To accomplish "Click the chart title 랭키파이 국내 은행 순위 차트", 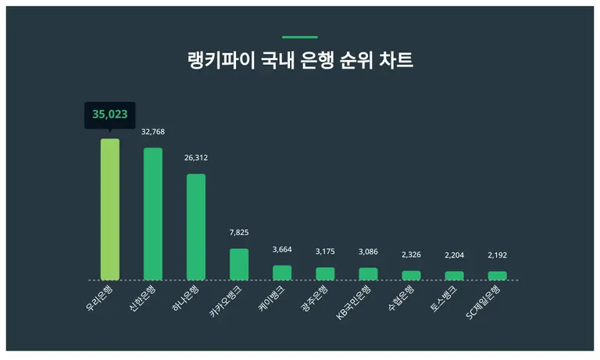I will [300, 61].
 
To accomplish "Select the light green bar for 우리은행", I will [110, 209].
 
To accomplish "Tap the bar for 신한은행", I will [153, 213].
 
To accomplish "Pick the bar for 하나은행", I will [196, 226].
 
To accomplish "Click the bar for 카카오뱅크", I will [239, 264].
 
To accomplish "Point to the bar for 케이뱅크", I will [282, 273].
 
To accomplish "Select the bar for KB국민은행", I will [368, 273].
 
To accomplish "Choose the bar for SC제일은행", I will [497, 275].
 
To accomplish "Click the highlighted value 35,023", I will [109, 115].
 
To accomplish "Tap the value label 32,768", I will [153, 132].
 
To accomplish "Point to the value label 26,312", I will [196, 158].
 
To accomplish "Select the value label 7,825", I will [239, 233].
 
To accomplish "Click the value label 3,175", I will [325, 251].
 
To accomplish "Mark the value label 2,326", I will [411, 255].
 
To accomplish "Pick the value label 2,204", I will [454, 255].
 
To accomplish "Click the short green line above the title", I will [300, 37].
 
